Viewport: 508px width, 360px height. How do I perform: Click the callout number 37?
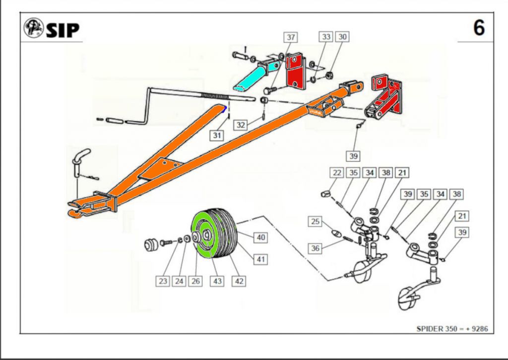(x=290, y=37)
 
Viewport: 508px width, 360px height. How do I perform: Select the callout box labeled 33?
(x=326, y=37)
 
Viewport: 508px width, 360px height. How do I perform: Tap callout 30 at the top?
(x=342, y=37)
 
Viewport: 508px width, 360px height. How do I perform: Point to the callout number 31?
(x=216, y=135)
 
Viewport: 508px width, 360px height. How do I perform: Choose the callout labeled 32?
(x=241, y=125)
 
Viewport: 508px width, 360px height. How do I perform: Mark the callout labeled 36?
(x=315, y=248)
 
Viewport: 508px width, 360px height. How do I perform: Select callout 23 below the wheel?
(x=163, y=282)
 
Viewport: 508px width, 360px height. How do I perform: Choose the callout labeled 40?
(x=261, y=238)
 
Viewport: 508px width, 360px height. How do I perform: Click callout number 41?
(x=261, y=258)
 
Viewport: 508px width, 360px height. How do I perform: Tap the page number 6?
(x=478, y=28)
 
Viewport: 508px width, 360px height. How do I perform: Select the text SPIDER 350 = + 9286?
(x=451, y=329)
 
